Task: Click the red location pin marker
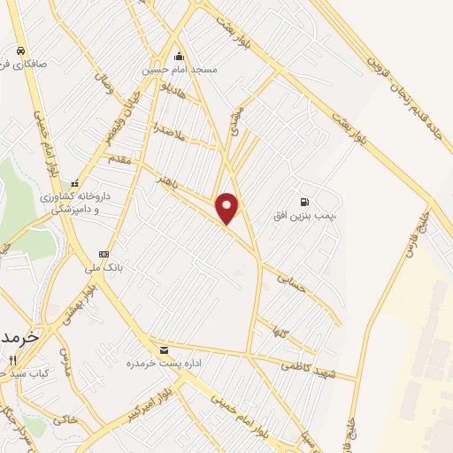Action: tap(228, 207)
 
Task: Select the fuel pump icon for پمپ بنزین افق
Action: tap(305, 202)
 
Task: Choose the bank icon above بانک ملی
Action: tap(104, 254)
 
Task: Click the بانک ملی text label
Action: tap(103, 267)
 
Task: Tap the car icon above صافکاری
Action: tap(19, 50)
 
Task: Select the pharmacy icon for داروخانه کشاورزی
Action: tap(75, 183)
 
